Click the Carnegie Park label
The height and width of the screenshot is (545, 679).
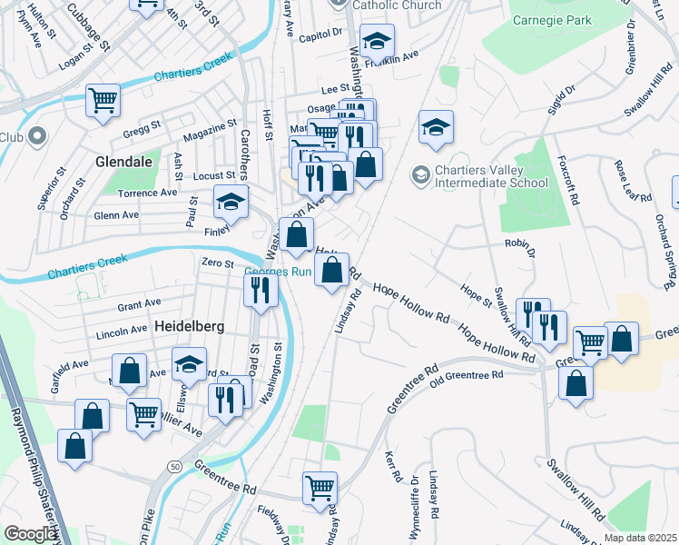[551, 20]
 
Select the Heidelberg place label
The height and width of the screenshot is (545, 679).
[163, 324]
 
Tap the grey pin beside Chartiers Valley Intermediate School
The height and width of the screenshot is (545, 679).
[420, 173]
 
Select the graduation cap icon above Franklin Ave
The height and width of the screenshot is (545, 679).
[377, 41]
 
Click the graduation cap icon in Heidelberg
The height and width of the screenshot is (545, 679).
[189, 364]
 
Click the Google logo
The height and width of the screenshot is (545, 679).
[30, 534]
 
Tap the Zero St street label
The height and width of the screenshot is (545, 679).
[218, 263]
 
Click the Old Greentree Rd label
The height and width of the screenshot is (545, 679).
[466, 375]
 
